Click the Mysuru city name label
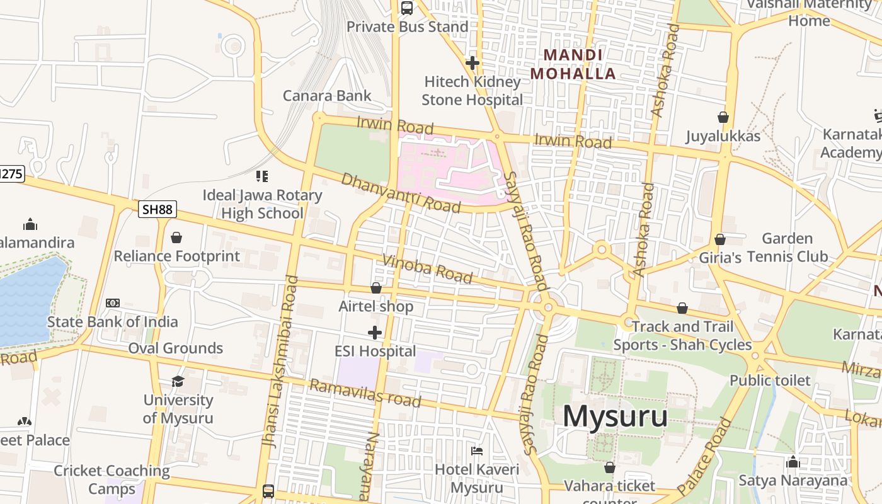coord(615,416)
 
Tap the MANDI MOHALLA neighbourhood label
coord(573,64)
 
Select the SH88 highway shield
coord(157,209)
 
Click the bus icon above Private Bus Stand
coord(407,8)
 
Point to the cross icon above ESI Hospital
coord(375,333)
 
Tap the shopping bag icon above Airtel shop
coord(376,288)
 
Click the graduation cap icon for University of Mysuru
coord(178,381)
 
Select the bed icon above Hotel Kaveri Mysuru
coord(477,451)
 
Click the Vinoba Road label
coord(427,269)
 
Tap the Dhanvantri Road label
coord(401,192)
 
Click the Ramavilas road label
coord(365,393)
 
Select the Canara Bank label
coord(327,96)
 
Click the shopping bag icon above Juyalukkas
coord(723,117)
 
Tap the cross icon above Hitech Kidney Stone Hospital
coord(472,62)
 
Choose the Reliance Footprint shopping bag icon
coord(176,238)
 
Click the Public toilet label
coord(770,381)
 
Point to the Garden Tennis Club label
coord(787,248)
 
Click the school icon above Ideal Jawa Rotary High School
coord(262,176)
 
